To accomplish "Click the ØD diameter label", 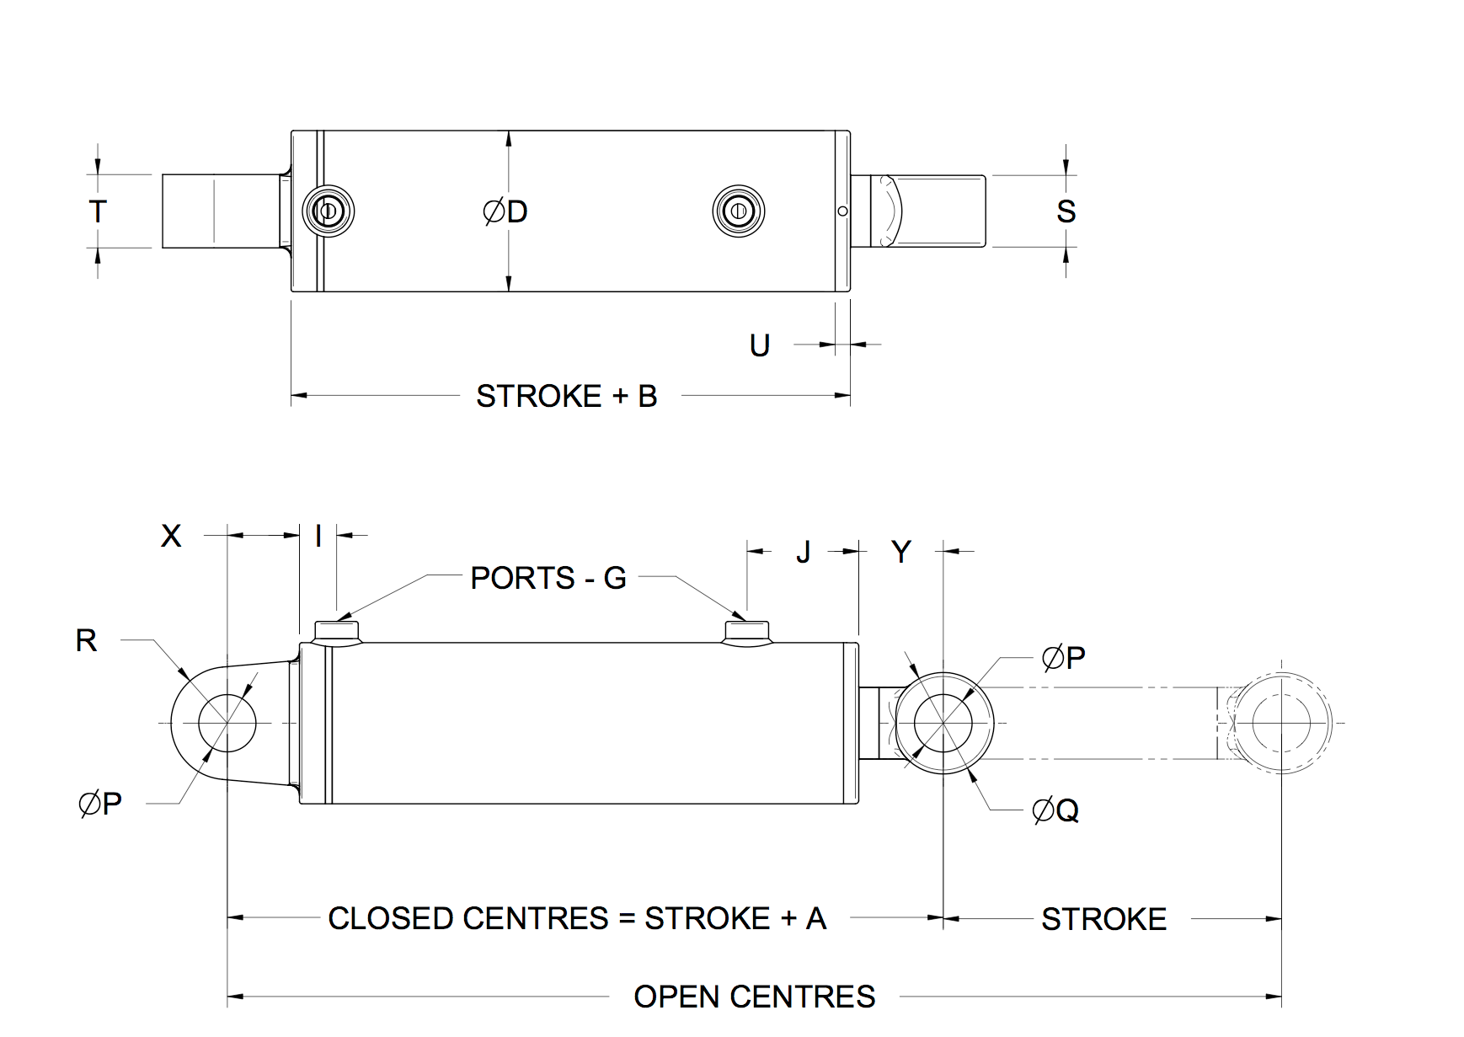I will click(505, 211).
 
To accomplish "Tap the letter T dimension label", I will click(98, 211).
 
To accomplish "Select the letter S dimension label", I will click(1066, 211).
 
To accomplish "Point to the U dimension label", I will click(760, 345).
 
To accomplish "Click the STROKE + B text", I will click(566, 396).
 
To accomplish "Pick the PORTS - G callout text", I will click(548, 578).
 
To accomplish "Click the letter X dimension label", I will click(171, 536).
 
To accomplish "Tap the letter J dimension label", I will click(803, 552).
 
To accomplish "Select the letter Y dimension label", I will click(900, 552).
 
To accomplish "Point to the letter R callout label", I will click(86, 640).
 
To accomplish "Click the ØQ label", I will click(1055, 810).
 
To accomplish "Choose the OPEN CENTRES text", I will click(754, 997).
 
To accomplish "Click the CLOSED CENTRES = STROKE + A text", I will click(577, 918).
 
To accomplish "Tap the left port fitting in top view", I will click(329, 211).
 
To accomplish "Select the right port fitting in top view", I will click(739, 211).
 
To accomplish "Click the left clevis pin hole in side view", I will click(227, 723).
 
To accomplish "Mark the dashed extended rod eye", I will click(1281, 723).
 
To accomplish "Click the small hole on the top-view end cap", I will click(842, 211).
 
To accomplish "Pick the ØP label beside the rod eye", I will click(1063, 657).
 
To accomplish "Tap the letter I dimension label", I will click(318, 536).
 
